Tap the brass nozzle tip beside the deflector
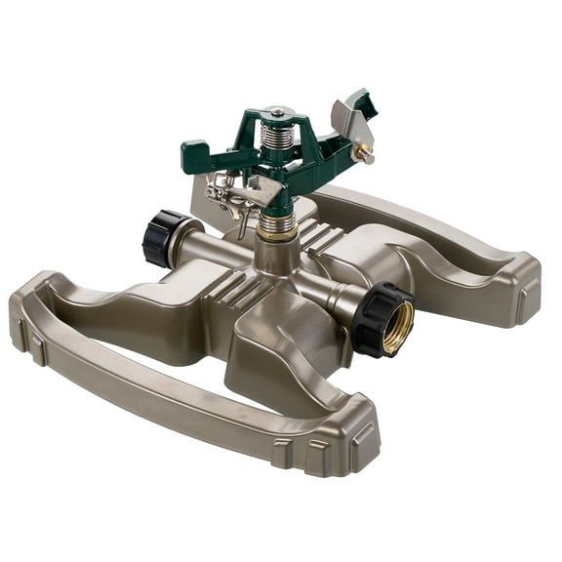tap(368, 153)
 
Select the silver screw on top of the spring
tap(276, 113)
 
